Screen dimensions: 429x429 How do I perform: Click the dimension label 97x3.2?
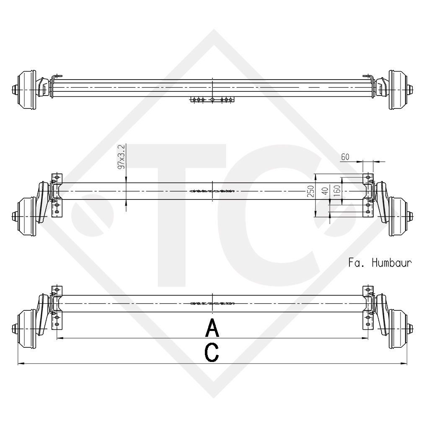tap(122, 157)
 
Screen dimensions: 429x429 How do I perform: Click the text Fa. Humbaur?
tap(380, 263)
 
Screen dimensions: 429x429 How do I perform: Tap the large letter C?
tap(212, 352)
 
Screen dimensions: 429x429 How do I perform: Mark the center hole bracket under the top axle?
tap(213, 100)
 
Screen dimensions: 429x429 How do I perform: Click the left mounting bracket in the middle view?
tap(56, 195)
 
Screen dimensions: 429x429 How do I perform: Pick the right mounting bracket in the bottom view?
tap(368, 308)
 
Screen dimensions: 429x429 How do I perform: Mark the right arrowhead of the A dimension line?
tap(366, 338)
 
